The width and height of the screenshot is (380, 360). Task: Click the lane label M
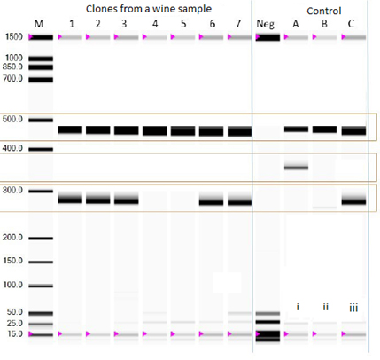[39, 24]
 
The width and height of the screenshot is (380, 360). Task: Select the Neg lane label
[265, 24]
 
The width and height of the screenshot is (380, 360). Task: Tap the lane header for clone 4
[155, 24]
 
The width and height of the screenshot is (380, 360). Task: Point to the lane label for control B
[324, 24]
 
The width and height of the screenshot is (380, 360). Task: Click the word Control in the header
[324, 11]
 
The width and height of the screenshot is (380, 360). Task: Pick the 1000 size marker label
[14, 58]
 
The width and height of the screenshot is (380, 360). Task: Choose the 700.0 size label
[12, 79]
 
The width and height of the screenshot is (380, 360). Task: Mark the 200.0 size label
[12, 237]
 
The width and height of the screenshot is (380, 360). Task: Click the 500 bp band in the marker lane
[41, 120]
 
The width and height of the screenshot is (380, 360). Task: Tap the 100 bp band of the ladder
[41, 286]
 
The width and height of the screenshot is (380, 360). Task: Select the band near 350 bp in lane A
[296, 168]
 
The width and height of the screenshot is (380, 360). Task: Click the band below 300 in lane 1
[70, 200]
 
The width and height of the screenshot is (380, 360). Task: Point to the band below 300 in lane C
[353, 201]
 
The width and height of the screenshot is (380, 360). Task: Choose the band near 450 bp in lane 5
[183, 131]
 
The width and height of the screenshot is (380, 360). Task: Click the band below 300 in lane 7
[240, 202]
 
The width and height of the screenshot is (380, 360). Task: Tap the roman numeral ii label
[325, 308]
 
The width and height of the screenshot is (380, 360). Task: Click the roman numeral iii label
[353, 308]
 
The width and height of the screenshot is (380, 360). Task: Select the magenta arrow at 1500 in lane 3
[116, 37]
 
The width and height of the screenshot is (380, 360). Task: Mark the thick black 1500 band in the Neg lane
[268, 37]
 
